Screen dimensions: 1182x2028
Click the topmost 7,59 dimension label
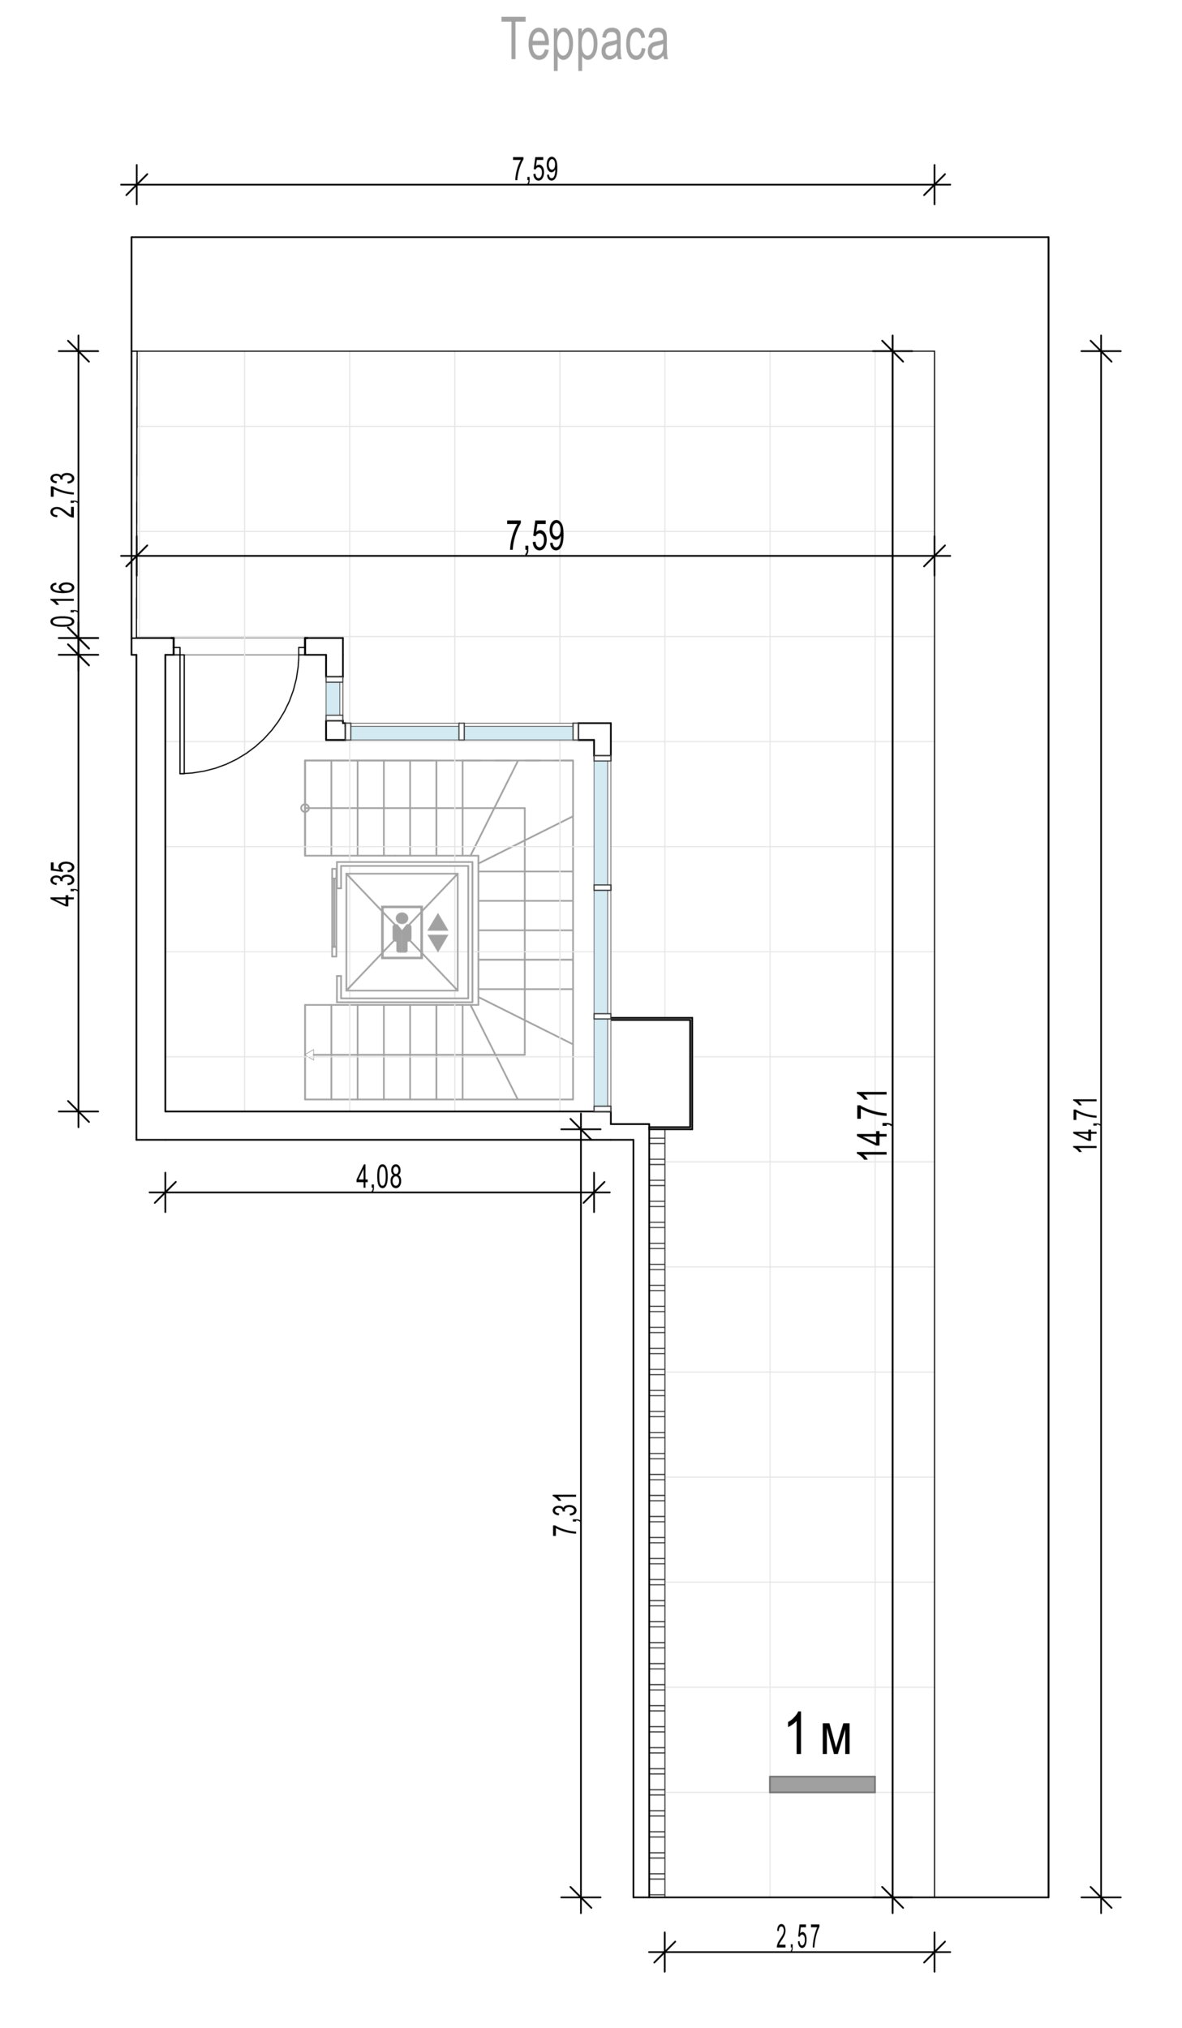[x=535, y=170]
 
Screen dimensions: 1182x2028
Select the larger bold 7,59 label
[x=535, y=536]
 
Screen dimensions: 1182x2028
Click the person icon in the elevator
[x=402, y=932]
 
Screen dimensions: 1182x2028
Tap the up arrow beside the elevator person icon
[x=438, y=922]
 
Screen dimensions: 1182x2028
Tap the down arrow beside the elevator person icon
[x=438, y=943]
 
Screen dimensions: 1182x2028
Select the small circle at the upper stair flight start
[x=305, y=808]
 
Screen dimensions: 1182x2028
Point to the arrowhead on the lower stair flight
[x=309, y=1055]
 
